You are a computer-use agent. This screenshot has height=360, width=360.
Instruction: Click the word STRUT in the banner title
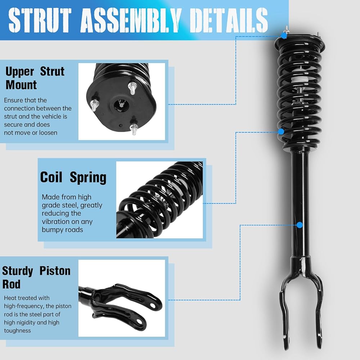click(40, 20)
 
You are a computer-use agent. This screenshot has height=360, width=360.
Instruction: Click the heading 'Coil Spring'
click(73, 177)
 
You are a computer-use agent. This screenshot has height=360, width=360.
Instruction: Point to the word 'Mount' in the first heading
click(21, 85)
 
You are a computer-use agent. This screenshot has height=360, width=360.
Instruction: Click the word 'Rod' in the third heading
click(11, 284)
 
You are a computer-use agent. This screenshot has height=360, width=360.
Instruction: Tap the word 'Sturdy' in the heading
click(18, 271)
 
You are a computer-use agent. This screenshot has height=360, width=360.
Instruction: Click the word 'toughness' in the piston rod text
click(17, 331)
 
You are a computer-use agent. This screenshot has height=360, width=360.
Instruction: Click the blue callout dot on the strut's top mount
click(284, 36)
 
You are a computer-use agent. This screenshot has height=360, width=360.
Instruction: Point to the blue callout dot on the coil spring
click(281, 131)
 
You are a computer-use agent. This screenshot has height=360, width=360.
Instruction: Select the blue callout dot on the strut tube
click(300, 225)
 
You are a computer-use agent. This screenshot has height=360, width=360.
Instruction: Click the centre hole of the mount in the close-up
click(121, 104)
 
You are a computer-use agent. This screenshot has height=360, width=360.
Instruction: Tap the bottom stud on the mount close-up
click(134, 129)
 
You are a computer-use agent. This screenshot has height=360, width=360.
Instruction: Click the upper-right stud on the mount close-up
click(132, 89)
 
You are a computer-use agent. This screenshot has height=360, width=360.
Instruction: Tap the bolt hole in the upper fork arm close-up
click(152, 305)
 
